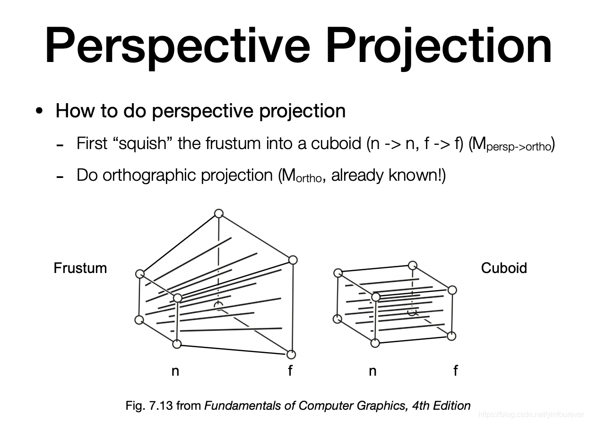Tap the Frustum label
[80, 268]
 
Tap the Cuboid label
[503, 268]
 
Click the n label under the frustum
[175, 371]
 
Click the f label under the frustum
[290, 370]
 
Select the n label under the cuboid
[372, 371]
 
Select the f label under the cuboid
[455, 370]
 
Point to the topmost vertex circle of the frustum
[218, 213]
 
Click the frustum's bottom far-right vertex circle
[291, 354]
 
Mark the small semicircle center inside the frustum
[218, 305]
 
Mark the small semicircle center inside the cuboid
[412, 312]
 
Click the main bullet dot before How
[39, 111]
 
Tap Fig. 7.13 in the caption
[149, 405]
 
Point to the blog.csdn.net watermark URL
[531, 415]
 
